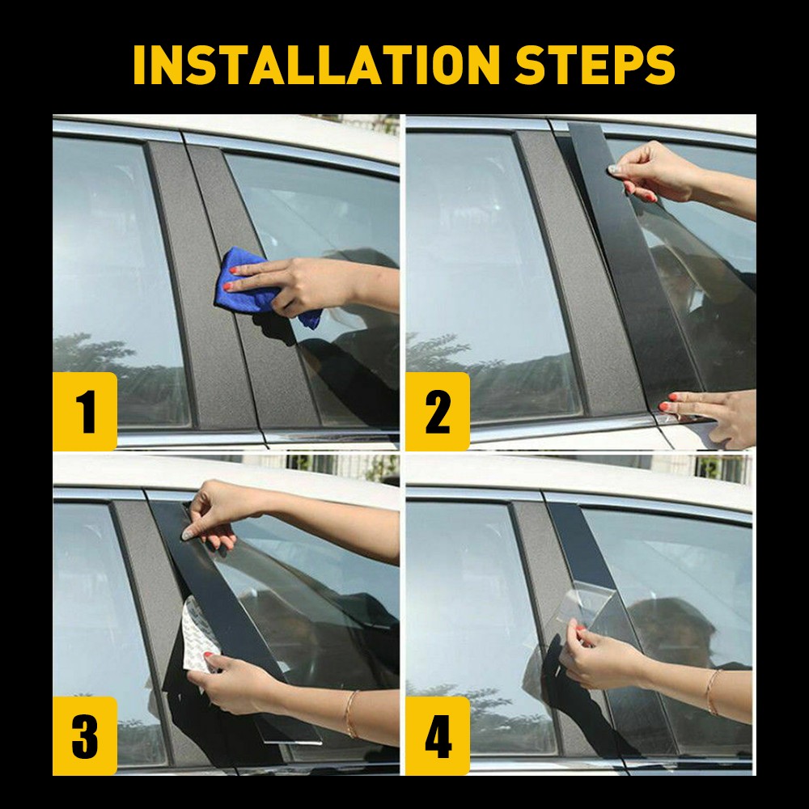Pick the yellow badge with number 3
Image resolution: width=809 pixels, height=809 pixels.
[85, 735]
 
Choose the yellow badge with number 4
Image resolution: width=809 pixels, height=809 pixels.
[437, 735]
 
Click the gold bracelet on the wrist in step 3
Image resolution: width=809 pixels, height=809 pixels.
[350, 712]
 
